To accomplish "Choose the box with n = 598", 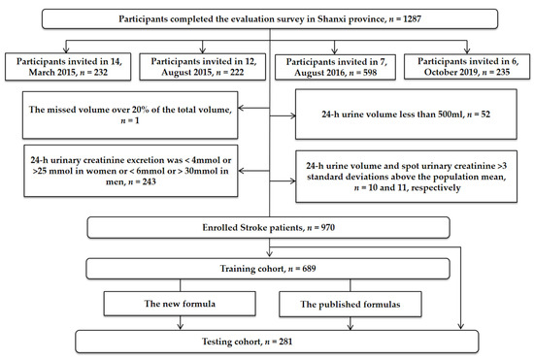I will pos(335,67).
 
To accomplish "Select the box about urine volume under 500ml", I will pos(401,115).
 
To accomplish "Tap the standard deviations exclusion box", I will pos(401,166).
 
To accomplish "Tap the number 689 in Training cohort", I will pos(303,264).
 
